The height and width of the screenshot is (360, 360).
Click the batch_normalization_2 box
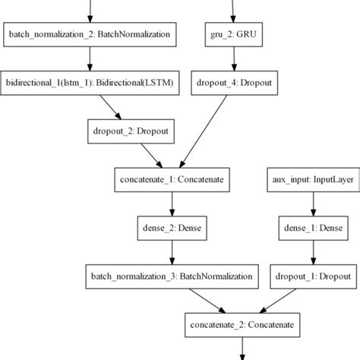(x=90, y=34)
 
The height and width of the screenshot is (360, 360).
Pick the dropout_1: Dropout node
(x=312, y=274)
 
